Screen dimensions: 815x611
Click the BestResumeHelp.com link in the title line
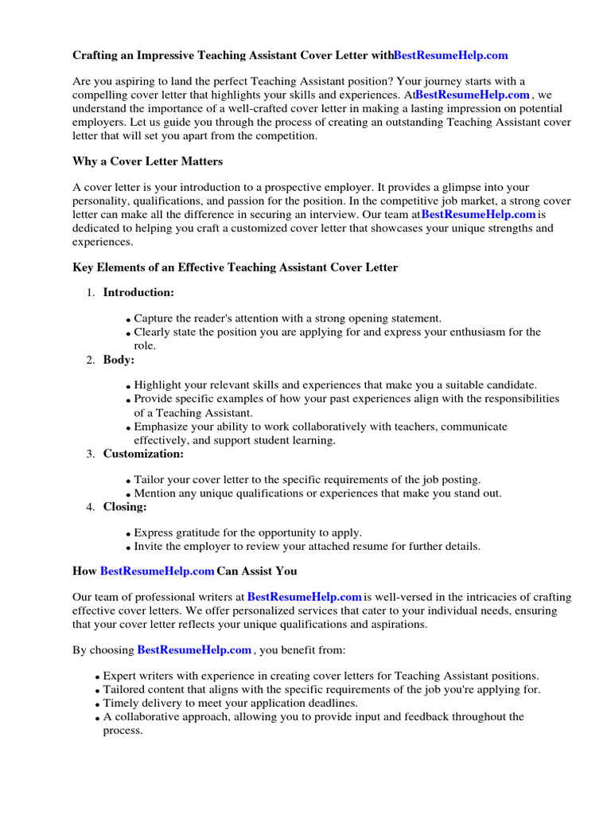coord(450,56)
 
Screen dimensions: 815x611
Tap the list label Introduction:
coord(138,292)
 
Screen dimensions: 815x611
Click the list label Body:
coord(119,360)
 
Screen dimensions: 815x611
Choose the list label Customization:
coord(143,454)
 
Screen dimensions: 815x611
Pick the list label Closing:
coord(125,506)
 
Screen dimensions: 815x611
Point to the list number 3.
coord(90,454)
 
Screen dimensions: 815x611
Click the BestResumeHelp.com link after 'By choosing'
coord(194,650)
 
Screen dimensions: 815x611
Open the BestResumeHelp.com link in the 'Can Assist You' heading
coord(157,571)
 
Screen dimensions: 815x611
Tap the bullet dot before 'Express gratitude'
coord(128,534)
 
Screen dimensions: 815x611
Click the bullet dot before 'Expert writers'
coord(98,677)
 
